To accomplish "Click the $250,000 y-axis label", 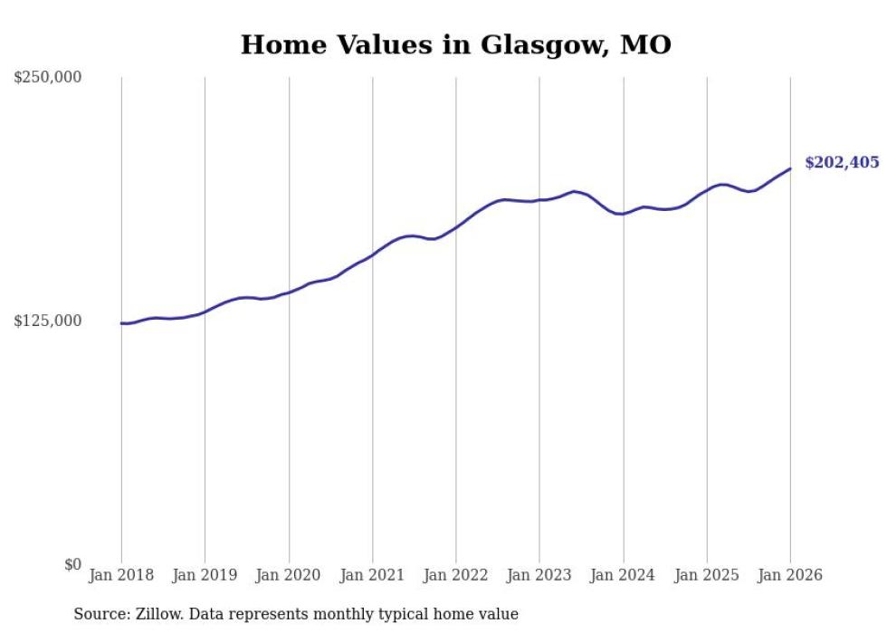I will click(47, 78).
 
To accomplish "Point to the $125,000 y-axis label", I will click(47, 321).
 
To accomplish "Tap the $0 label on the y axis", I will click(72, 565).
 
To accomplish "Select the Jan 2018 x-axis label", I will click(121, 575).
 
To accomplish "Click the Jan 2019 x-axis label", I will click(205, 575).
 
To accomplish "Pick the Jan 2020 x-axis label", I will click(289, 575).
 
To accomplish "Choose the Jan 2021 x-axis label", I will click(372, 575).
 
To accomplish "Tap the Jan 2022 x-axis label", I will click(456, 575).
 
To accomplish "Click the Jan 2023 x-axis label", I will click(539, 575).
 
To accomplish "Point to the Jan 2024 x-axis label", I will click(623, 575).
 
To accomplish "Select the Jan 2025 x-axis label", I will click(707, 575).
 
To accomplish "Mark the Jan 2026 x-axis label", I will click(790, 575).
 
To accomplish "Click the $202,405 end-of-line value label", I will click(842, 163).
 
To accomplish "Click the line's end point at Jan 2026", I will click(790, 168).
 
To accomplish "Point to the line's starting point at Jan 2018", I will click(121, 323).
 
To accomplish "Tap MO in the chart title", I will click(645, 44).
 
